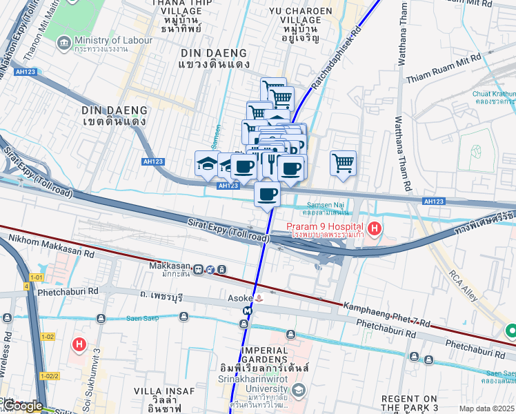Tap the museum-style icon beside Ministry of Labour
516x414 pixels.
[64, 44]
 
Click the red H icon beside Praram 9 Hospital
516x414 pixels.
[375, 228]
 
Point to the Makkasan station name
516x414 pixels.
[169, 265]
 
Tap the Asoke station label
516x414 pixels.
[239, 298]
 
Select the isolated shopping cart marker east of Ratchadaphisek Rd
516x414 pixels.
[343, 164]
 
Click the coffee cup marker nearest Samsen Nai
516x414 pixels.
[267, 194]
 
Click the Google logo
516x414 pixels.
[23, 406]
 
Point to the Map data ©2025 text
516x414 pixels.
[486, 408]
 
